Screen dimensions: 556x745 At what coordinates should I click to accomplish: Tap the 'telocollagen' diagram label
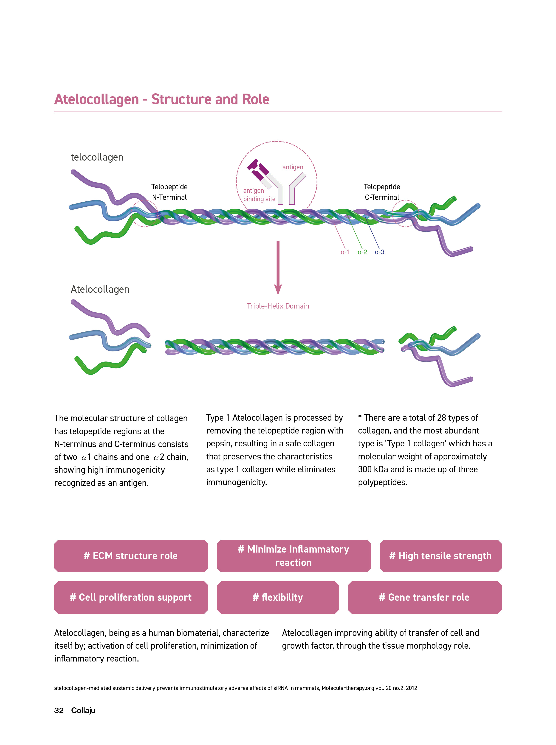pos(97,157)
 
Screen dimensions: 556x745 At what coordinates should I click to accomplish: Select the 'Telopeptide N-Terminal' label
pos(169,192)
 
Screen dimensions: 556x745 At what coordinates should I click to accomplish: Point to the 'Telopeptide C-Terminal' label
pos(382,192)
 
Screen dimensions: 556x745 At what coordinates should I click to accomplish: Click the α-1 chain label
pos(345,252)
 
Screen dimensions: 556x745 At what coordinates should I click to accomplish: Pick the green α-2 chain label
pos(362,252)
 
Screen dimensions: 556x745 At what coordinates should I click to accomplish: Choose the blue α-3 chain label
pos(380,252)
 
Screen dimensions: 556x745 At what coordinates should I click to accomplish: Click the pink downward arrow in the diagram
pos(278,268)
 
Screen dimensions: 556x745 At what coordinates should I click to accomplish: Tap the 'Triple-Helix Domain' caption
pos(278,306)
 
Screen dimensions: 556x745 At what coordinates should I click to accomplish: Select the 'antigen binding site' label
pos(259,195)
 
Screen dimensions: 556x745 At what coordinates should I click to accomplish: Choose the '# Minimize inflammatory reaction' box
pos(294,556)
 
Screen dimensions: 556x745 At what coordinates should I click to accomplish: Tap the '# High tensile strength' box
pos(440,556)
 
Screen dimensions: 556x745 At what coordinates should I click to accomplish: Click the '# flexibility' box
pos(278,598)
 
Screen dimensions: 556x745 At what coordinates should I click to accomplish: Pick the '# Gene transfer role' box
pos(425,598)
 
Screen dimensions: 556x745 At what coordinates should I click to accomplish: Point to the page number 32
pos(59,710)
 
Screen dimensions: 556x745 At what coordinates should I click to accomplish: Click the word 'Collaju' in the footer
pos(83,710)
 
